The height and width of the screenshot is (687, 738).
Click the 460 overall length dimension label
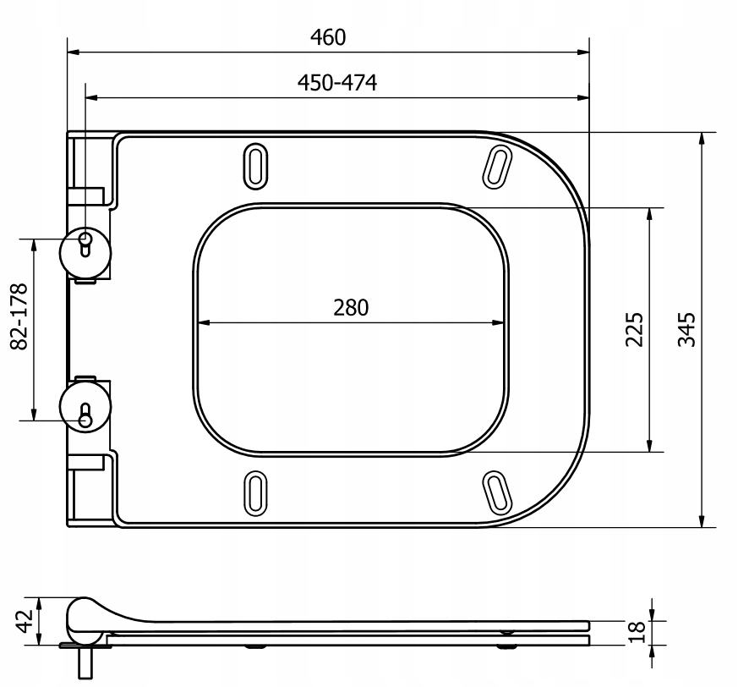point(328,37)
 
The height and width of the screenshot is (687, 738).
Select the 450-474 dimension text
point(336,82)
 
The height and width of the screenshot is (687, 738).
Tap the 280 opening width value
point(351,308)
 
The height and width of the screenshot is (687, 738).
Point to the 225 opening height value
point(635,329)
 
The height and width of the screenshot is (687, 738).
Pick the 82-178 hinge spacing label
point(19,316)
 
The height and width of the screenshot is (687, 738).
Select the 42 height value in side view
point(25,620)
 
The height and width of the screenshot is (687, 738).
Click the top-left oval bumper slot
point(255,166)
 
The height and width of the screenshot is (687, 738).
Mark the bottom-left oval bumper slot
point(255,491)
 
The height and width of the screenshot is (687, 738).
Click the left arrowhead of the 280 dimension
point(202,322)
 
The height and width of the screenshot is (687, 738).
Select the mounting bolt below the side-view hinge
point(86,661)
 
